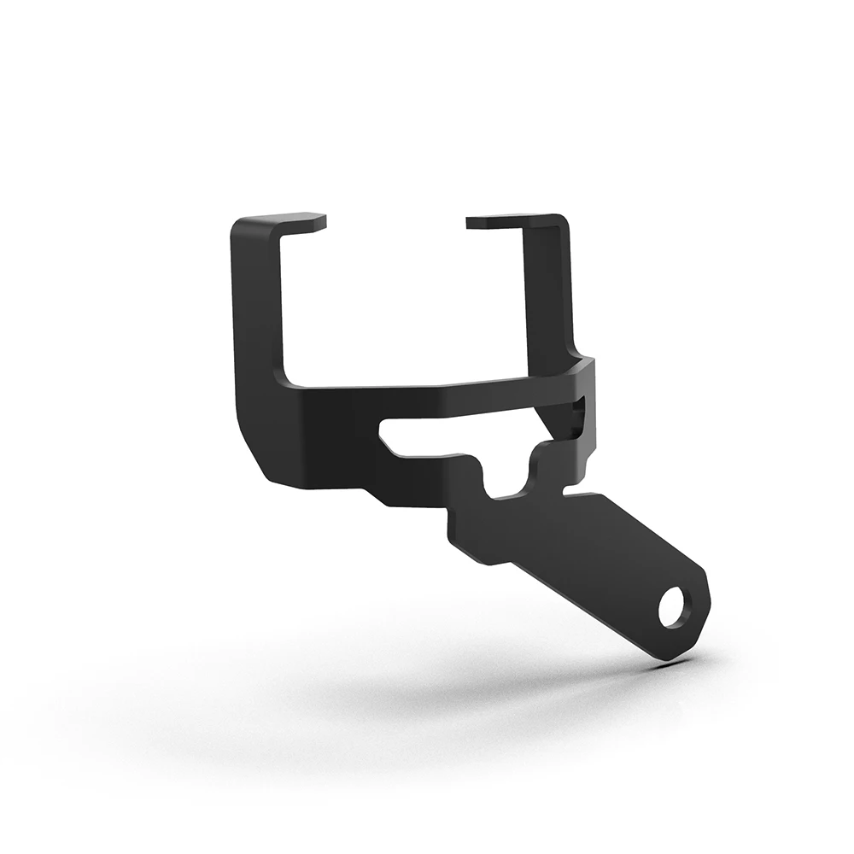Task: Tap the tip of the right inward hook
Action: (471, 222)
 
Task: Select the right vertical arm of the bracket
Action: (547, 290)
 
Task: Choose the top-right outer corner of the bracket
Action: (562, 219)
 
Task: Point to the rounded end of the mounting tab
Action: (696, 611)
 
